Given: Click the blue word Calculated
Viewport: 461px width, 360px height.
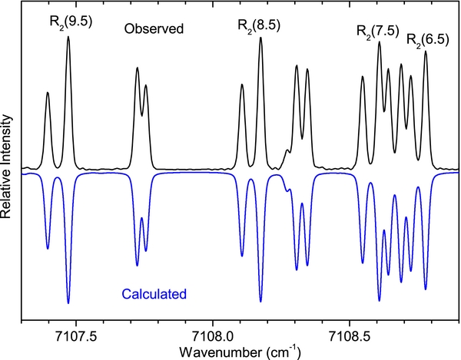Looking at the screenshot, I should [x=154, y=292].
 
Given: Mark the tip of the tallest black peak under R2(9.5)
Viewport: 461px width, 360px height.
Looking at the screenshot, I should [x=68, y=36].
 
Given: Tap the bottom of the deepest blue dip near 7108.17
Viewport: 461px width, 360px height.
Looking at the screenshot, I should [x=260, y=302].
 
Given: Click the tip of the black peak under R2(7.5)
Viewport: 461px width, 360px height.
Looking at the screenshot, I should [x=379, y=43].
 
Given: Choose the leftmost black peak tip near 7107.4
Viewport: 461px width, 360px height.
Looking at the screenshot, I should [x=48, y=93].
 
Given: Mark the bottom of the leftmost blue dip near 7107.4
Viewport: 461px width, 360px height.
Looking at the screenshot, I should [x=48, y=249].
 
